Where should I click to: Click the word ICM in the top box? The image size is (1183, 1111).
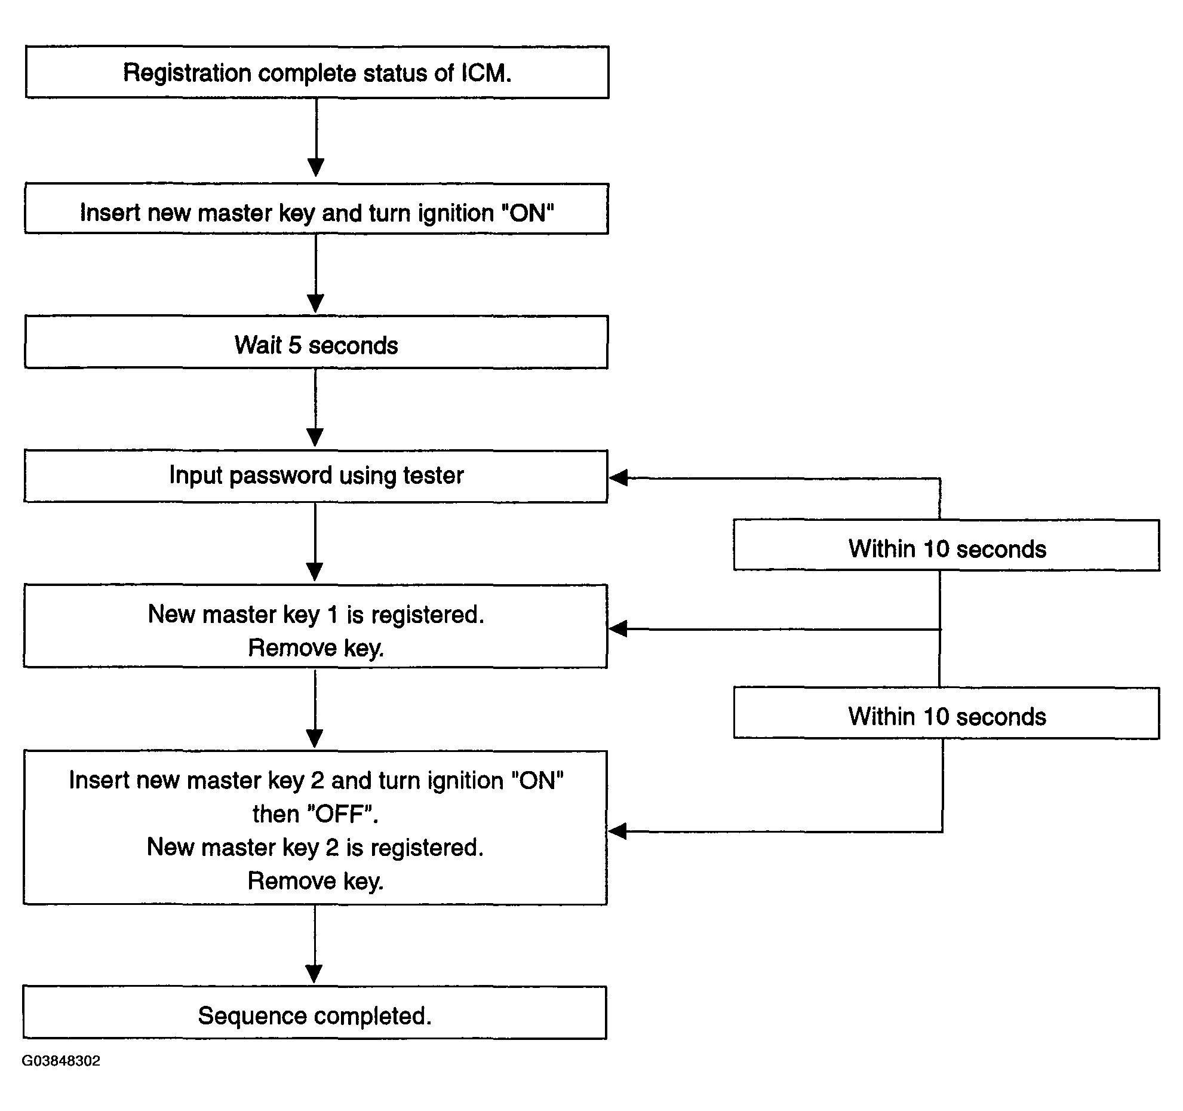click(486, 73)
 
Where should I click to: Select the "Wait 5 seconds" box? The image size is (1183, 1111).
click(316, 342)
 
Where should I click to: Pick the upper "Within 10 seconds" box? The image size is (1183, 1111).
click(947, 545)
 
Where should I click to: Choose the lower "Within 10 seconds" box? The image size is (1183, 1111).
click(947, 713)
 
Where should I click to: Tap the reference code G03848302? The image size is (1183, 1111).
click(61, 1061)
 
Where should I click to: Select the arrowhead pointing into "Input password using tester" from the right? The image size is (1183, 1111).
click(618, 478)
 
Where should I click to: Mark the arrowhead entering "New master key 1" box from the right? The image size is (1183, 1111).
click(618, 629)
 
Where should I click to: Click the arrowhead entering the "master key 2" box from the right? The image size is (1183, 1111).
click(618, 831)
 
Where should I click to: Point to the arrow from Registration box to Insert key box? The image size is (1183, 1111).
click(316, 137)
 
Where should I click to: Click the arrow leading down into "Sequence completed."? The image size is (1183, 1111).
click(314, 944)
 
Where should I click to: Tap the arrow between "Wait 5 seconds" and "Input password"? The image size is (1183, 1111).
click(315, 407)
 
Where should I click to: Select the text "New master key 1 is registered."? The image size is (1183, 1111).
click(316, 615)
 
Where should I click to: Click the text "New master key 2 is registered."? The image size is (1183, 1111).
click(315, 848)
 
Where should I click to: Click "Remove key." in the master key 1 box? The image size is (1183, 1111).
click(316, 648)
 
